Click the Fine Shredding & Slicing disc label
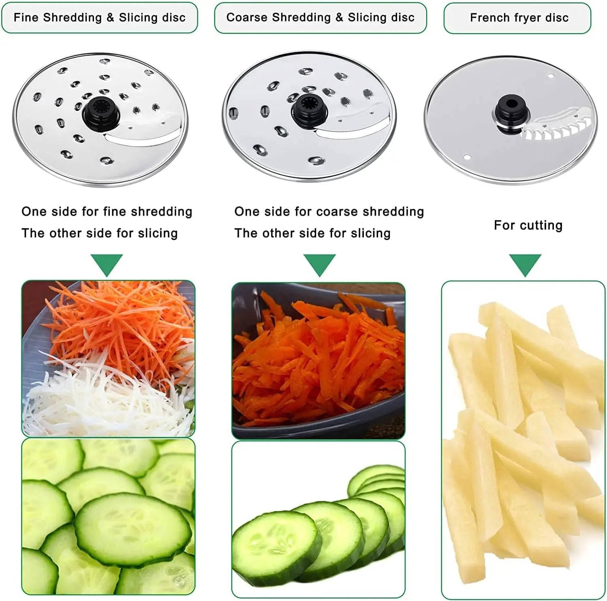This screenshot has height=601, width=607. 99,18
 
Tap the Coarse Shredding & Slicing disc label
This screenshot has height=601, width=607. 320,18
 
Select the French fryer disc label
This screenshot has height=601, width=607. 519,18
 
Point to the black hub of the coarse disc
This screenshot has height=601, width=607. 308,108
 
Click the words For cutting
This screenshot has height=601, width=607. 528,225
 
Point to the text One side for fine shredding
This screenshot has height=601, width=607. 107,211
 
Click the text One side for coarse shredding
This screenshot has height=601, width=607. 329,211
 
